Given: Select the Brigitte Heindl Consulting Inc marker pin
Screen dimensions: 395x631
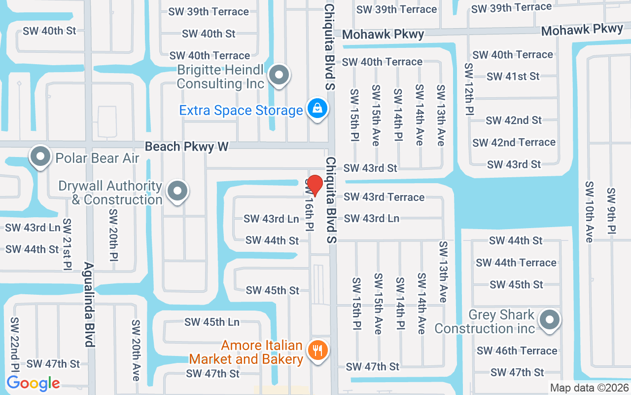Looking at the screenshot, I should [x=280, y=76].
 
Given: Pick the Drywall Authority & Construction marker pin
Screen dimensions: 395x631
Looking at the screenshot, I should [x=177, y=191].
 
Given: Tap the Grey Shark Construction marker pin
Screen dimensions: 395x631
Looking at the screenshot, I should [x=549, y=320].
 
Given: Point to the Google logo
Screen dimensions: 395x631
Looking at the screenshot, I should [x=33, y=383].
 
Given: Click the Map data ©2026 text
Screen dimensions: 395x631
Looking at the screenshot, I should [x=590, y=388].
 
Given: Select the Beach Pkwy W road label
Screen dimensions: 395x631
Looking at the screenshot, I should [x=187, y=147].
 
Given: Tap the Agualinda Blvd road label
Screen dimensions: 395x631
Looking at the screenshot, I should [x=89, y=304].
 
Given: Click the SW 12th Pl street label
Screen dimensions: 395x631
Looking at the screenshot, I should [x=468, y=89].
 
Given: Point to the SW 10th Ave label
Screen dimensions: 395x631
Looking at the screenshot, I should [x=589, y=211].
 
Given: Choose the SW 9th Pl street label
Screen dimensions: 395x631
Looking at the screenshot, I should [x=611, y=211].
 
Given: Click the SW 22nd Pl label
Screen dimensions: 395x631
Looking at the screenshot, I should [x=14, y=346].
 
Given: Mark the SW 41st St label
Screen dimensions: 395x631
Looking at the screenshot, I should [x=513, y=77].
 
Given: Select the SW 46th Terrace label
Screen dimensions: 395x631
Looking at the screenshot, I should [x=517, y=351].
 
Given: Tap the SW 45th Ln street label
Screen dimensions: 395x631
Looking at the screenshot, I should [x=212, y=322].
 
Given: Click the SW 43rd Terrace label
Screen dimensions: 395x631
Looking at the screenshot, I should [x=384, y=197].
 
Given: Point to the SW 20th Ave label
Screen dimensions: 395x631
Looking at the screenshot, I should [x=136, y=350].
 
